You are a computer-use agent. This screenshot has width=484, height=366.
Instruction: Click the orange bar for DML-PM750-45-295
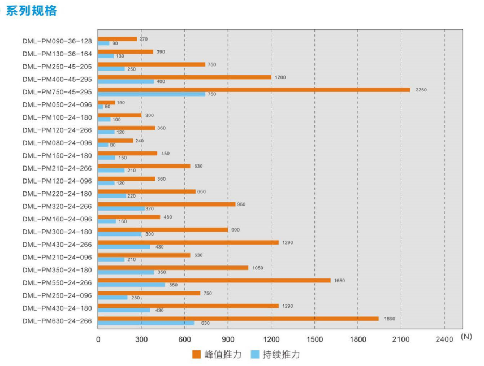coord(254,90)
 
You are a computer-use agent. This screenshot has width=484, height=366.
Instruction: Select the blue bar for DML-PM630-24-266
coord(146,323)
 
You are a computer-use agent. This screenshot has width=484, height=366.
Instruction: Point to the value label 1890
coord(390,319)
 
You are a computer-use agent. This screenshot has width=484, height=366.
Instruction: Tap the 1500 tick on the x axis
coord(314,339)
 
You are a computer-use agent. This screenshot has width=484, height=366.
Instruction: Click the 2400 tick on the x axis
coord(444,339)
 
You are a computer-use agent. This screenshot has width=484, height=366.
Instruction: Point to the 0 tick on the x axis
coord(98,339)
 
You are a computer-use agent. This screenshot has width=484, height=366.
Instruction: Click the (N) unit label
coord(466,337)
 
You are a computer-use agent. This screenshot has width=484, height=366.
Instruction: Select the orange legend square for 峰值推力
coord(196,355)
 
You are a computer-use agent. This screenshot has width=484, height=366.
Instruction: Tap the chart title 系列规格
coord(31,11)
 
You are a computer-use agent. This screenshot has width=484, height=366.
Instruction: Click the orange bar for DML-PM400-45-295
coord(184,77)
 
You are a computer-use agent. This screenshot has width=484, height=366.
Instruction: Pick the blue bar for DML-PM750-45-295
coord(152,94)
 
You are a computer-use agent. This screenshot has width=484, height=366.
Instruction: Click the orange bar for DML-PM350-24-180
coord(173,268)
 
